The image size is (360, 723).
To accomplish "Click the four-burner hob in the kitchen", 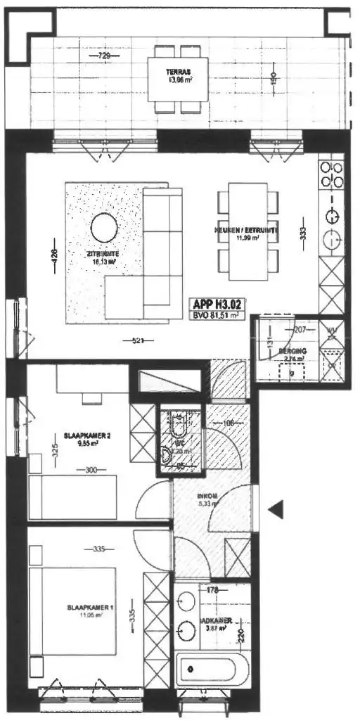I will pyautogui.click(x=330, y=174).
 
